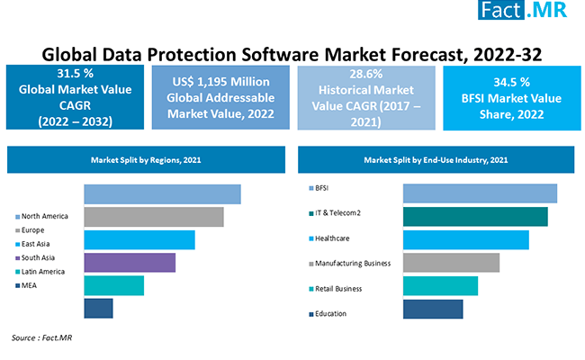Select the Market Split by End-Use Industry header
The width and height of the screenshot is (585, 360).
pos(436,159)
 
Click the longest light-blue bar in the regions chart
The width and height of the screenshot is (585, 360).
pos(162,194)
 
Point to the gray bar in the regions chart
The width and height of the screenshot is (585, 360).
pos(154,217)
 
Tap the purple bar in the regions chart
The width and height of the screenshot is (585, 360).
pos(130,262)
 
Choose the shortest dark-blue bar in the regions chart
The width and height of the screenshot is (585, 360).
pos(98,308)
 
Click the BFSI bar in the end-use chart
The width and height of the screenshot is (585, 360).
pos(480,193)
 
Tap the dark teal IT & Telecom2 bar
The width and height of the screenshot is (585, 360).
pos(475,217)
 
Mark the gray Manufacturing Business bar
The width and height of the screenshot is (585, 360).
pos(451,263)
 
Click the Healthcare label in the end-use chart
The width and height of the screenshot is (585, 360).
pos(332,238)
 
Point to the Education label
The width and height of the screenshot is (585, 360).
pos(330,313)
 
